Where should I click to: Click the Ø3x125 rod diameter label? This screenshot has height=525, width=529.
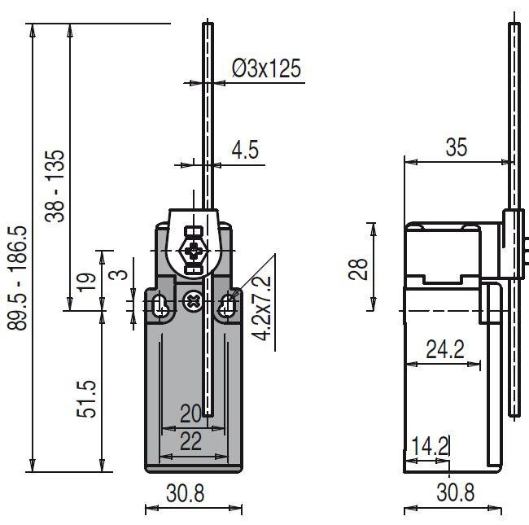[x=266, y=68]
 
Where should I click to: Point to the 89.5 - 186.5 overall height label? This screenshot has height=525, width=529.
[x=17, y=278]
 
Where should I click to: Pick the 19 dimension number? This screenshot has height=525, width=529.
[x=88, y=281]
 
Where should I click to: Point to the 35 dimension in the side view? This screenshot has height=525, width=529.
[x=457, y=147]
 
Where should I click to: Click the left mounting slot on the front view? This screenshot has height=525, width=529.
[x=160, y=305]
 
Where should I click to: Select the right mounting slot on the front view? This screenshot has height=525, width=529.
[x=228, y=305]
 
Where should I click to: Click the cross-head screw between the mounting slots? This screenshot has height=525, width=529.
[x=194, y=301]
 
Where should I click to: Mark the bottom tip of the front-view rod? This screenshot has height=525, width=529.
[x=209, y=416]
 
